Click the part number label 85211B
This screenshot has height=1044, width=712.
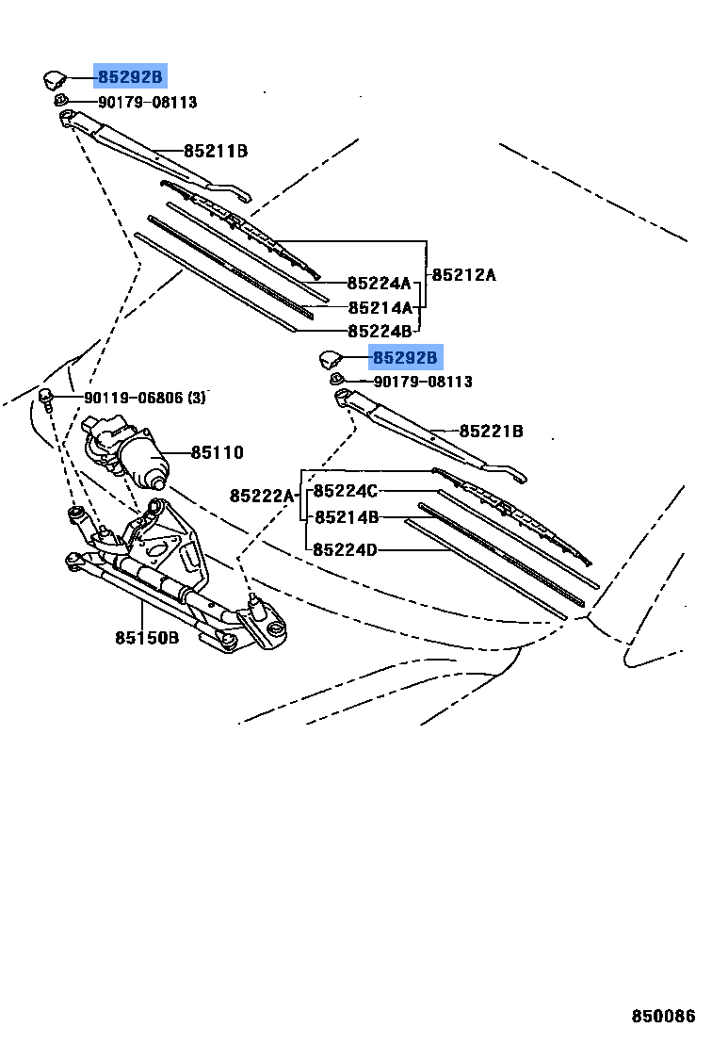pos(216,151)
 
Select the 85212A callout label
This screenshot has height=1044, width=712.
pos(463,275)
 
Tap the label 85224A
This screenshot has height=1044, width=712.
pos(380,283)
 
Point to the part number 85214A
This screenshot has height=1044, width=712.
pos(380,307)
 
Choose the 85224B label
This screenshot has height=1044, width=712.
pos(380,331)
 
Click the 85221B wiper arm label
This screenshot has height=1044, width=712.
pos(492,432)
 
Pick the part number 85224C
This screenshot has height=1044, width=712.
pos(346,491)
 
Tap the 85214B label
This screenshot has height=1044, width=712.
pos(347,517)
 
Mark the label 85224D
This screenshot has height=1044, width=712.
pos(346,549)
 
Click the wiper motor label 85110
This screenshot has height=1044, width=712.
pos(218,453)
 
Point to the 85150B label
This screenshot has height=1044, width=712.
pos(147,638)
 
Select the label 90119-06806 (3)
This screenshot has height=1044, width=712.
pos(145,398)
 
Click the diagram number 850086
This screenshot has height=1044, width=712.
pos(663,1017)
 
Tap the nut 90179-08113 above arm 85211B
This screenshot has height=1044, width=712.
pos(60,101)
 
